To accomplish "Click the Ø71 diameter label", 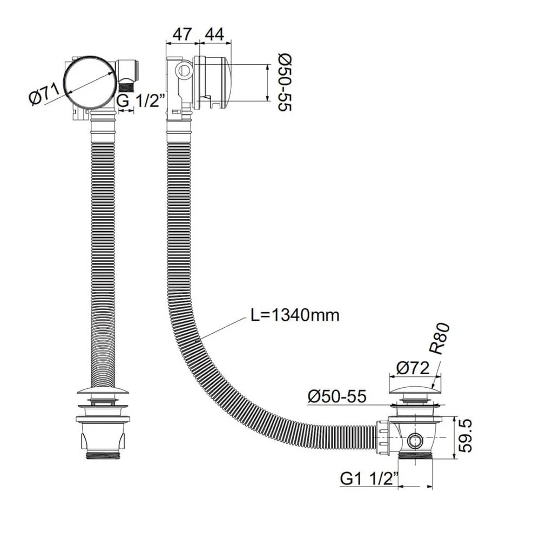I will click(x=45, y=97).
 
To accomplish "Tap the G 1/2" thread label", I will click(x=138, y=100).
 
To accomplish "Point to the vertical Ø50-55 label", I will click(x=285, y=82).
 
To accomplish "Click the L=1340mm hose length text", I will click(x=295, y=315).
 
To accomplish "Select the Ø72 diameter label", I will click(x=411, y=368).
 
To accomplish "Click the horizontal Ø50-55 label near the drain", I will click(x=337, y=397).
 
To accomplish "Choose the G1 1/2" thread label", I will click(x=369, y=478).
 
